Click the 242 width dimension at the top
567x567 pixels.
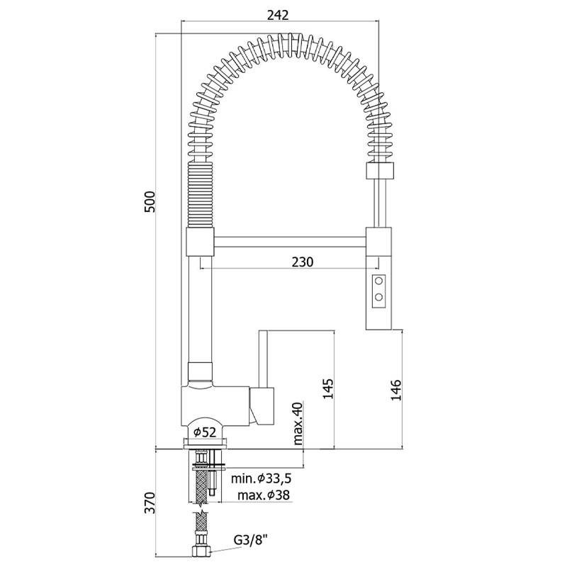pos(278,15)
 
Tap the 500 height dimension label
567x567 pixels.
pos(150,201)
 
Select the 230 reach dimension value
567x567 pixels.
pos(303,262)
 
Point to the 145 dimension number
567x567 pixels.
pos(328,388)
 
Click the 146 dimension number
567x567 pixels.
pos(396,389)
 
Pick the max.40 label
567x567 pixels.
pos(298,422)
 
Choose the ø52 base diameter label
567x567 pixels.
pos(205,432)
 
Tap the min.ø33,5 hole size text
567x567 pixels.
pos(261,478)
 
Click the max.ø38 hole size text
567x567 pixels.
pos(264,495)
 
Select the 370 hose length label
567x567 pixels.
pos(150,503)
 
